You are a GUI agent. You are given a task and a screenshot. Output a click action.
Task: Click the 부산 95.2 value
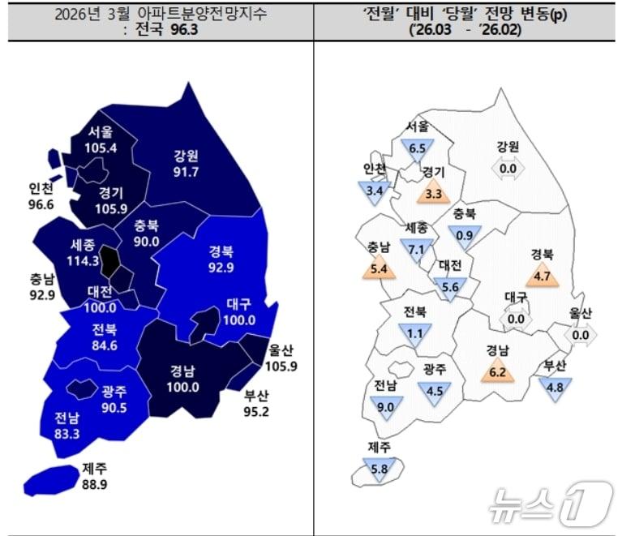(x=260, y=412)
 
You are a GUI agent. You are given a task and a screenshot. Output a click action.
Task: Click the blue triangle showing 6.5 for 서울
(x=418, y=148)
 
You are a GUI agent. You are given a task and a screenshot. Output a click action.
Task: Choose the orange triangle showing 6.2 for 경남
(x=496, y=372)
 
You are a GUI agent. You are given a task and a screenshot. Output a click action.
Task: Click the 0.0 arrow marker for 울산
(x=581, y=334)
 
